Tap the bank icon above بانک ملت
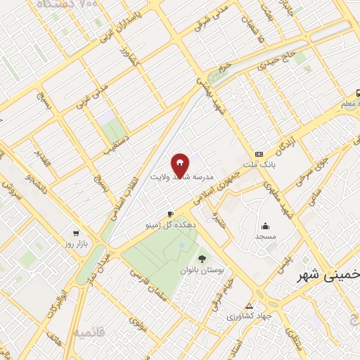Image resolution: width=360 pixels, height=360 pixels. [x=259, y=154]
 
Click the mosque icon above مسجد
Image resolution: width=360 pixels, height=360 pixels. [x=265, y=226]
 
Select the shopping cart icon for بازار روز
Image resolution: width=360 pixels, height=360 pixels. [x=75, y=233]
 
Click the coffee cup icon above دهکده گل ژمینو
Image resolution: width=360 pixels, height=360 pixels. [x=170, y=213]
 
